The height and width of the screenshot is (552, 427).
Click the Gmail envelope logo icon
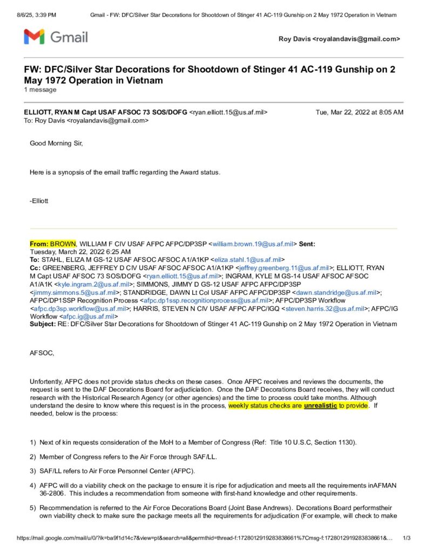pos(34,37)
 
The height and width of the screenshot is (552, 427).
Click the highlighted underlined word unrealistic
pos(321,405)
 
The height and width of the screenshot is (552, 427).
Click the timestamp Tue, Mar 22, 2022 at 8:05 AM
pos(359,112)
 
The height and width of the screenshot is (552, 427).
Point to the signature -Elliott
pos(39,201)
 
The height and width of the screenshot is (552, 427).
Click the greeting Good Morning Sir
pos(57,143)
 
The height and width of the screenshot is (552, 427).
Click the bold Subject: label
pos(42,324)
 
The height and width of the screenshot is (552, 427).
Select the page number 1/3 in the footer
pos(407,538)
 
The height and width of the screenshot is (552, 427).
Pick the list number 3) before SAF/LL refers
pos(33,471)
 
